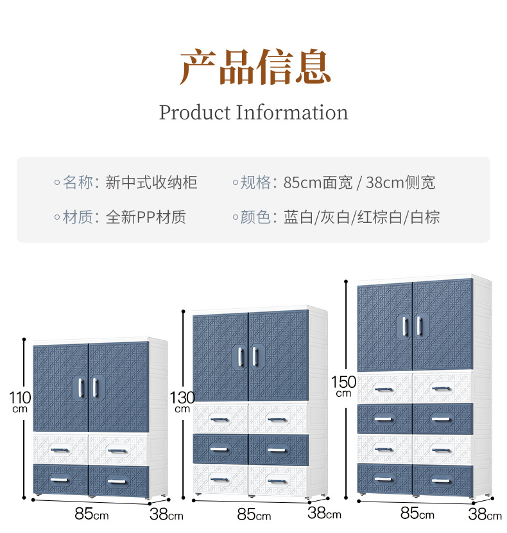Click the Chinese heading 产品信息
pyautogui.click(x=255, y=66)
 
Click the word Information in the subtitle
pyautogui.click(x=292, y=112)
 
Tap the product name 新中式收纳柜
pyautogui.click(x=151, y=183)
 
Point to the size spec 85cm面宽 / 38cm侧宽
pyautogui.click(x=359, y=183)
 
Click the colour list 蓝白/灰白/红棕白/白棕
pyautogui.click(x=362, y=218)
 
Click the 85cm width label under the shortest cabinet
pyautogui.click(x=91, y=514)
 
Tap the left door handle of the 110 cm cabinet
pyautogui.click(x=82, y=387)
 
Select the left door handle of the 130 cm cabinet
pyautogui.click(x=242, y=357)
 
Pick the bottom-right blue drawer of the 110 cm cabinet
pyautogui.click(x=117, y=480)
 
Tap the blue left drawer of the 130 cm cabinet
pyautogui.click(x=220, y=449)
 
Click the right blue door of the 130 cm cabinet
pyautogui.click(x=279, y=357)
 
